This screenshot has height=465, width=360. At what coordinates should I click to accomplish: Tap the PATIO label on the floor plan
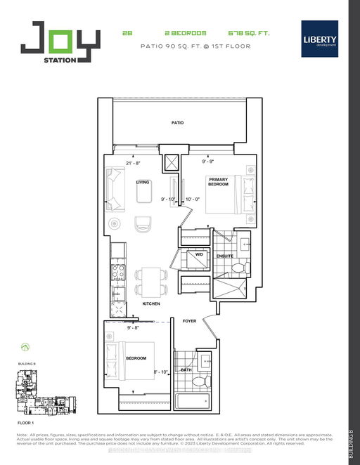[178, 123]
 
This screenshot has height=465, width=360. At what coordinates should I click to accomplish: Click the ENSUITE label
[224, 256]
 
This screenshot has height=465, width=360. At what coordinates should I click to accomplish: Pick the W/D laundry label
[199, 255]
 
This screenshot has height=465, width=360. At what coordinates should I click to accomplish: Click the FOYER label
[190, 320]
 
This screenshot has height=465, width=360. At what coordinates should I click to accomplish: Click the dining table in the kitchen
[149, 281]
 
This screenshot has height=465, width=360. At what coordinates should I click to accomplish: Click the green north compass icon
[26, 346]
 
